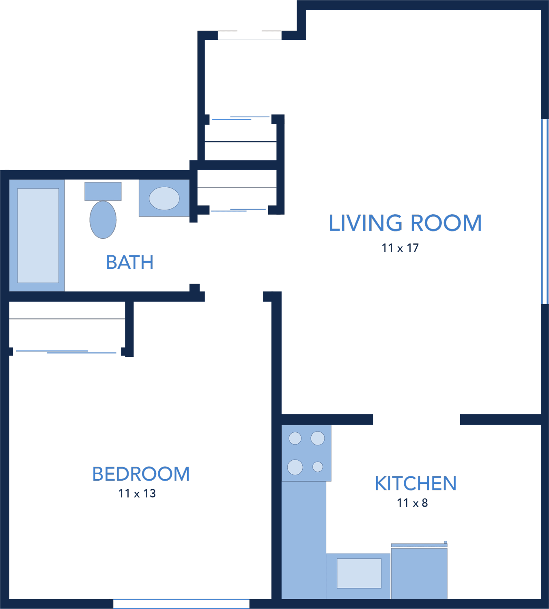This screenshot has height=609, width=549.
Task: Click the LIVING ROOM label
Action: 405,223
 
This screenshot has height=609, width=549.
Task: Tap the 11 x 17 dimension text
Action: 400,248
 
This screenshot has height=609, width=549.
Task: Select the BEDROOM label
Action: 141,474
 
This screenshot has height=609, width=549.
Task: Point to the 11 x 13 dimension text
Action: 137,494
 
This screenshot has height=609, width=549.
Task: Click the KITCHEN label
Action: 416,484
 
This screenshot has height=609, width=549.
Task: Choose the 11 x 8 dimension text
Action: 412,503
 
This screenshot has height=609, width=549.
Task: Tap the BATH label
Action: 129,262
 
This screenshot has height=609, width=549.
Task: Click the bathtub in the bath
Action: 37,235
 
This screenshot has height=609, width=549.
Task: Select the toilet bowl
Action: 103,220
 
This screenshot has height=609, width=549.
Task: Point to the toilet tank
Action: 103,191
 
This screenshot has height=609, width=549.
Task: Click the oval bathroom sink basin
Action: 164,198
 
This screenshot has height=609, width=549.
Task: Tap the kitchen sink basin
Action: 359,573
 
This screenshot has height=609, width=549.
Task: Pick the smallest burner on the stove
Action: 318,466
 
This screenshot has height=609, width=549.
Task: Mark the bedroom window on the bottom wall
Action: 181,604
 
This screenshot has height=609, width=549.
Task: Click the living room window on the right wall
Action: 545,211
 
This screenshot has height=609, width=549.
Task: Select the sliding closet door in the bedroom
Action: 66,352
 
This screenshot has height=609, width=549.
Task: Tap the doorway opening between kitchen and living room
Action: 416,419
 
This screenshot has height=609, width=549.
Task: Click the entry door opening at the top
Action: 250,35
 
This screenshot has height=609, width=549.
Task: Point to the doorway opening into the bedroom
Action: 234,297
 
